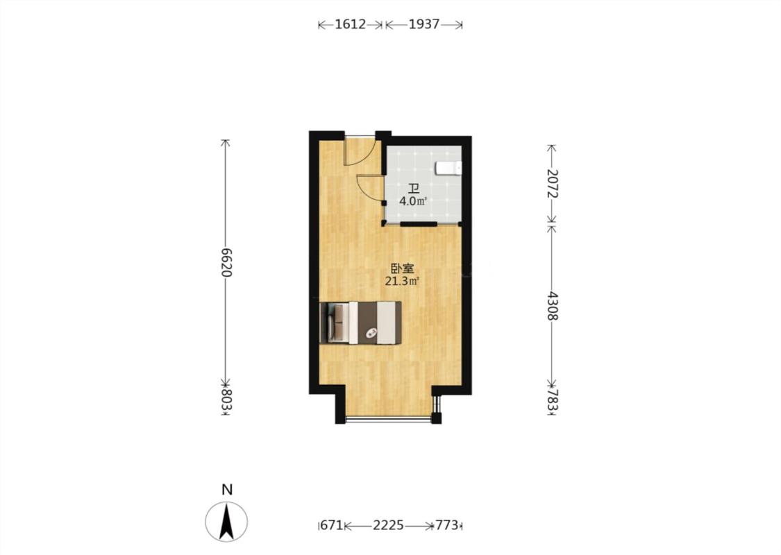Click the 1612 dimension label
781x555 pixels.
click(350, 24)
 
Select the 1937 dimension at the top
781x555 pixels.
click(424, 24)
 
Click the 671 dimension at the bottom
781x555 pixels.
click(333, 525)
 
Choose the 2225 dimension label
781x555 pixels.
click(389, 525)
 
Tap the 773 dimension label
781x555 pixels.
click(447, 525)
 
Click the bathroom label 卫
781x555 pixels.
click(414, 189)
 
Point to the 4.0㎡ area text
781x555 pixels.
click(414, 202)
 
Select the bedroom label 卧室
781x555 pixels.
click(403, 268)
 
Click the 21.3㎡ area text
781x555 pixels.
click(402, 281)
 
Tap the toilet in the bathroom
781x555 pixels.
click(448, 169)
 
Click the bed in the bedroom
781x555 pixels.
click(360, 323)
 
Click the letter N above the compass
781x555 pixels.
click(227, 490)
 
